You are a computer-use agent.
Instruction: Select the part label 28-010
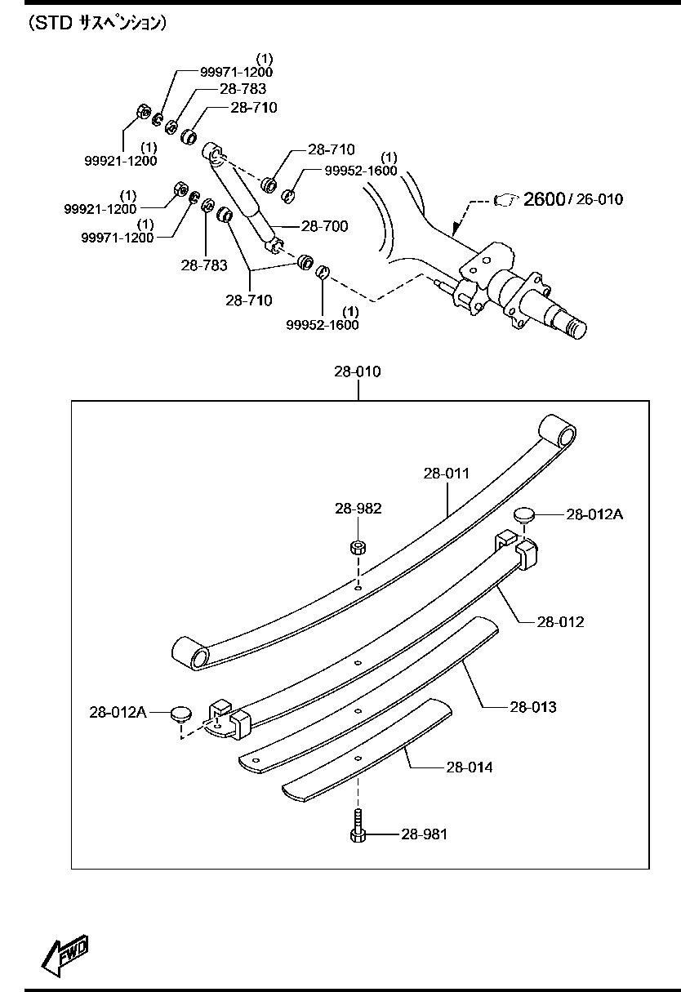tap(357, 371)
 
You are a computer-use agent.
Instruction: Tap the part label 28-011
tap(447, 473)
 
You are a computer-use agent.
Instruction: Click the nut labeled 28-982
tap(358, 546)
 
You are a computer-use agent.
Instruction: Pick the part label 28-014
tap(470, 767)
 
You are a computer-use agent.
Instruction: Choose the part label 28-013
tap(533, 706)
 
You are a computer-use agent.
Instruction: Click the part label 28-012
tap(560, 621)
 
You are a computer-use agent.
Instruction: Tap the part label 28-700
tap(324, 226)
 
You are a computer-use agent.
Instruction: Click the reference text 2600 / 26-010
tap(572, 198)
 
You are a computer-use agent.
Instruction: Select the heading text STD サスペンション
tap(97, 23)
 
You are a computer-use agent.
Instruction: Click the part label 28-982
tap(358, 508)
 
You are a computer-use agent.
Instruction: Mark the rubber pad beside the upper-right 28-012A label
tap(523, 514)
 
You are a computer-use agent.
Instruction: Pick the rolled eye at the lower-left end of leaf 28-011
tap(186, 653)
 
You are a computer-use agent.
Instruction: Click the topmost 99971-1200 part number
tap(237, 72)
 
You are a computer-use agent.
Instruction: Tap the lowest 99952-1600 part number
tap(323, 324)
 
